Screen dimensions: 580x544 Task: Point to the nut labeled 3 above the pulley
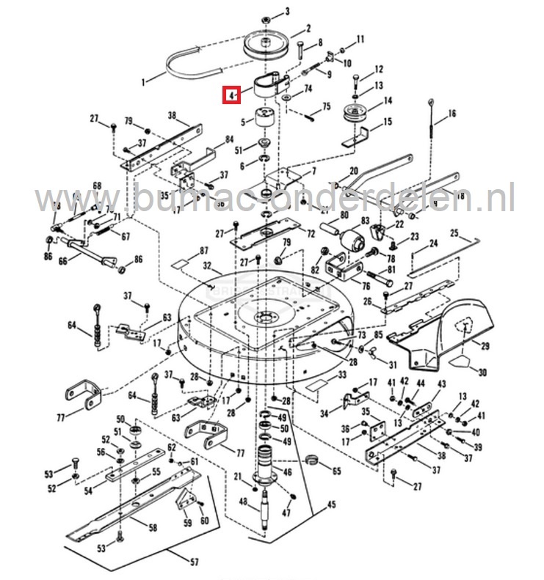click(267, 15)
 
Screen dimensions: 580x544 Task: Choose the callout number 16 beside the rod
click(451, 114)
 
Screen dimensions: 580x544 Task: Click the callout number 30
click(482, 372)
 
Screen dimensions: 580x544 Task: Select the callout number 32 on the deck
click(207, 265)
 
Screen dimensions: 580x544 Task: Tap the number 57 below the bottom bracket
click(194, 562)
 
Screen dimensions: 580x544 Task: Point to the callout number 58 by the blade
click(153, 527)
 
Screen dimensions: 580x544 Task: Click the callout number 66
click(62, 260)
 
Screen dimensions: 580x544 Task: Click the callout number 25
click(454, 233)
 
